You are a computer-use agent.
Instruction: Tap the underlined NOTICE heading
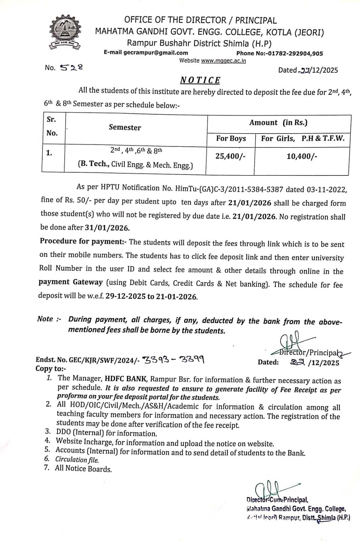200,80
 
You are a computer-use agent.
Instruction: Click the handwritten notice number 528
71,67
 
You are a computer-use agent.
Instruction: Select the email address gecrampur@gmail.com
155,53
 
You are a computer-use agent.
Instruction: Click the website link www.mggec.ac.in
223,61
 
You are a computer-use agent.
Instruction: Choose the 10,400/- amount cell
302,156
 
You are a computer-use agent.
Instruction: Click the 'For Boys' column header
231,138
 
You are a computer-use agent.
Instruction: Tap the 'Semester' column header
125,127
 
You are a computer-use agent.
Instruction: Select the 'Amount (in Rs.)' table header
278,122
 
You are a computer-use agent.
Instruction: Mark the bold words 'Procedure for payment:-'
83,241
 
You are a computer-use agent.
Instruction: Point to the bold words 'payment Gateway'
70,282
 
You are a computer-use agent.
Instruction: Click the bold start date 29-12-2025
125,297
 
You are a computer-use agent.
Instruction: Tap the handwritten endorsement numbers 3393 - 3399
173,359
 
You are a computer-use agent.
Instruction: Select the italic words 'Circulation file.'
77,460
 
